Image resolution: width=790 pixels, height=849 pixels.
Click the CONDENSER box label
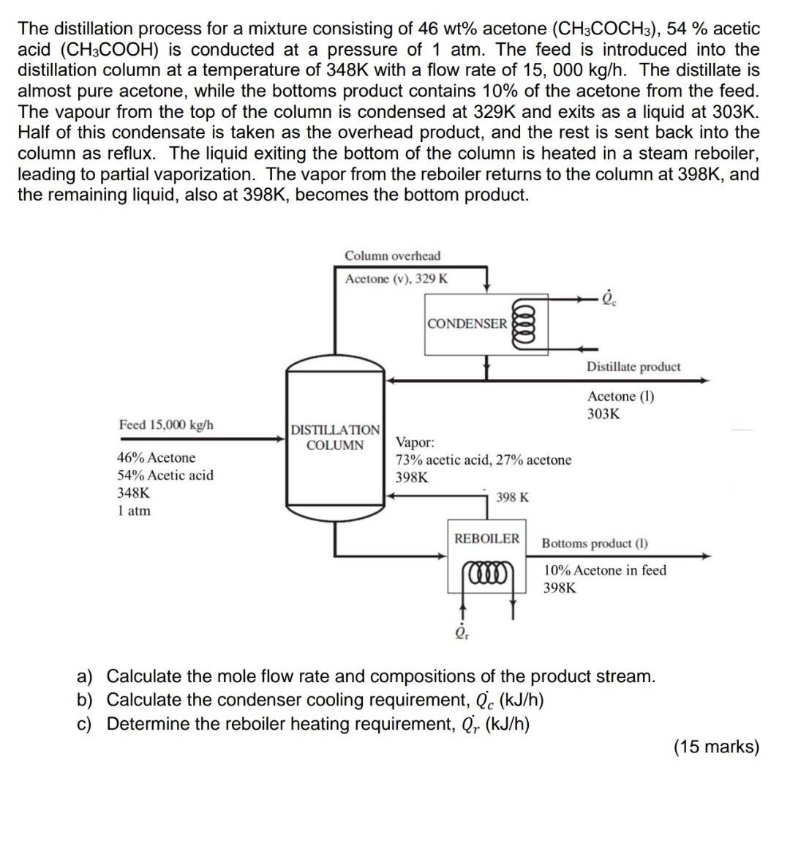467,323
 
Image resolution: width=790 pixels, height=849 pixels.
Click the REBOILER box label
486,539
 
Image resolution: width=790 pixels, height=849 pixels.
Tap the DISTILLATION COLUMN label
335,438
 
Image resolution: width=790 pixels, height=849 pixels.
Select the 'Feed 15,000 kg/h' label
166,425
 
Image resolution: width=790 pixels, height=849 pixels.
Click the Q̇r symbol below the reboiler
462,632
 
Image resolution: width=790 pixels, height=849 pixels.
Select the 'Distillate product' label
633,367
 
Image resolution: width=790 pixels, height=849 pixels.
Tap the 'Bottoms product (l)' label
594,544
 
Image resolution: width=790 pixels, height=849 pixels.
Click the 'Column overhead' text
393,255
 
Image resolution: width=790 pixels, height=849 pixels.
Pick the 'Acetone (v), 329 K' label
396,279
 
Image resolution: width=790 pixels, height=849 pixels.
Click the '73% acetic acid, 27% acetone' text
483,460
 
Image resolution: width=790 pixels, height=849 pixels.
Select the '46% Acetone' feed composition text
156,458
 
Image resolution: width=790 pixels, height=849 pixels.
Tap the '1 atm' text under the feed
134,511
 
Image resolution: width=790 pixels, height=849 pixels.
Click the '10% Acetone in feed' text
605,570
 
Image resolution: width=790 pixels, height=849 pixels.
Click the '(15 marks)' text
715,747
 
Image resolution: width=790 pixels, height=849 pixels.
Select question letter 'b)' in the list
85,700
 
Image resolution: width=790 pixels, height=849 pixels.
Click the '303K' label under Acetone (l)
603,414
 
